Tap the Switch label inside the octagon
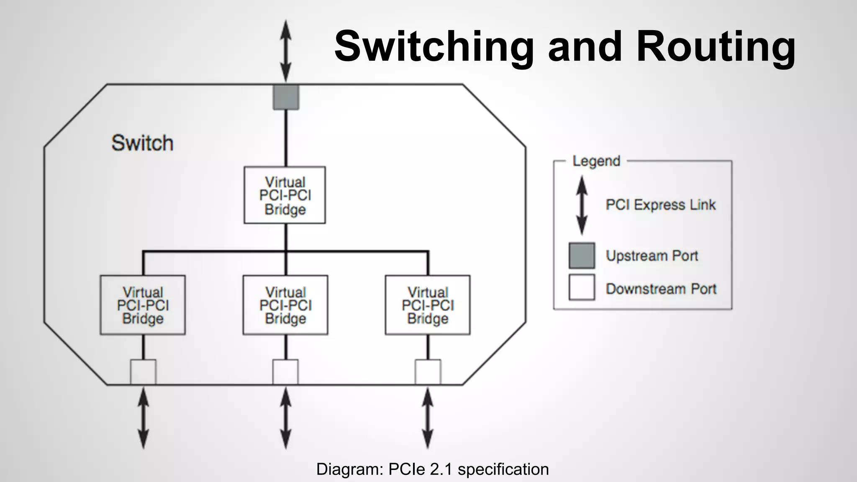tap(142, 143)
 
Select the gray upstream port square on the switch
tap(286, 97)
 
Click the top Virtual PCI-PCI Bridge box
tap(285, 195)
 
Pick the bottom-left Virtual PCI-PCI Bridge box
tap(143, 305)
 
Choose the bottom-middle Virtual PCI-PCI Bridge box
tap(285, 305)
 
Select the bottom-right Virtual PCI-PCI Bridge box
tap(428, 305)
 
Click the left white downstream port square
tap(143, 372)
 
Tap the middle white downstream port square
tap(285, 372)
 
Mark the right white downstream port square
tap(428, 372)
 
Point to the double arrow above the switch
tap(286, 50)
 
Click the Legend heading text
tap(596, 161)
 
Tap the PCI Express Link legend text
tap(661, 205)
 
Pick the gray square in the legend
tap(582, 255)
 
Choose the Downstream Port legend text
tap(661, 289)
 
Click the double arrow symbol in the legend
tap(582, 205)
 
